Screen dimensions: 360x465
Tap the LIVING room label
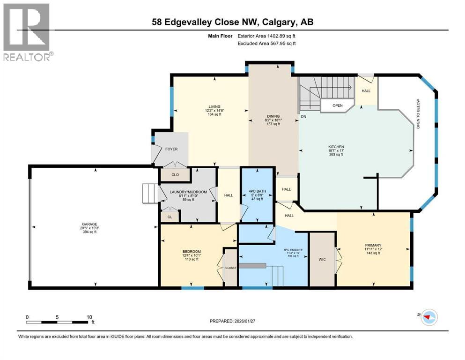pos(215,106)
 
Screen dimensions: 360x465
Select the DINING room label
pos(273,116)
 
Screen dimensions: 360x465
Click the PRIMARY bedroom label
pos(373,245)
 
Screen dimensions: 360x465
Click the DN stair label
pos(304,116)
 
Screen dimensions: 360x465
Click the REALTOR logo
pos(27,32)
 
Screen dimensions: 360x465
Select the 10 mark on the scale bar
pos(89,317)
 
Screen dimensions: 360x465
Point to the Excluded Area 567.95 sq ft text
pos(267,43)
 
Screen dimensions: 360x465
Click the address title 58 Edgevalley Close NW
pos(233,22)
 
